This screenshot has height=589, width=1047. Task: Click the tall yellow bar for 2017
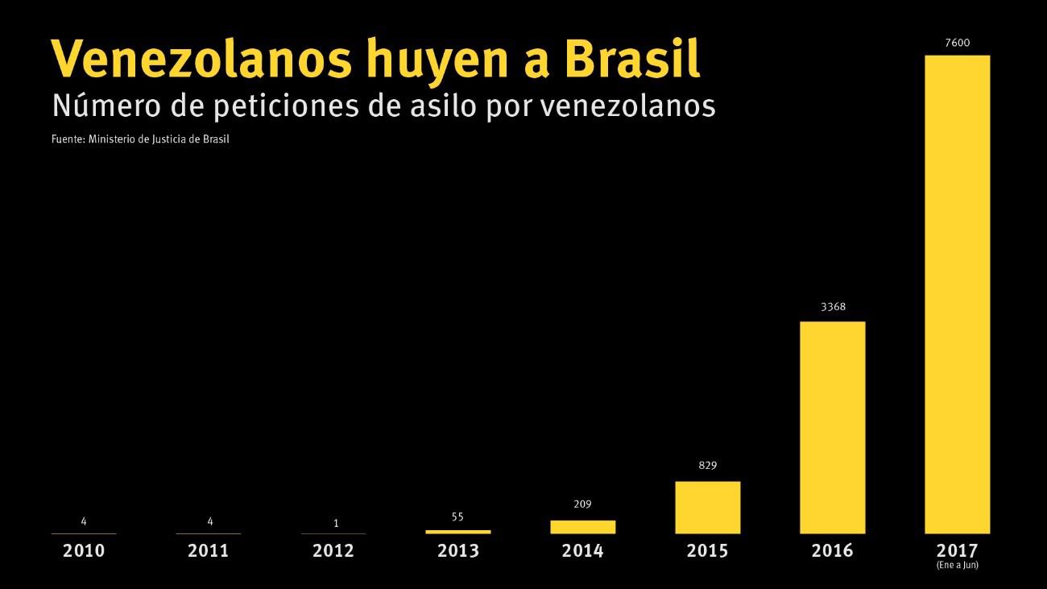pos(957,294)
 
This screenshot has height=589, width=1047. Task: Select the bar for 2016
pos(832,427)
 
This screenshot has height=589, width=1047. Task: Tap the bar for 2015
pos(707,507)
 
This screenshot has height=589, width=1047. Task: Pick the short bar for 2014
pos(582,526)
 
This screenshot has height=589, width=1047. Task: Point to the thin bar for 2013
pos(457,532)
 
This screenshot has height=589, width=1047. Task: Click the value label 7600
pos(957,43)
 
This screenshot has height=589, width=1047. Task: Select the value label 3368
pos(833,307)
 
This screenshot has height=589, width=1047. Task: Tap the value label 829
pos(707,466)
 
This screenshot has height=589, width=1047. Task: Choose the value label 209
pos(582,505)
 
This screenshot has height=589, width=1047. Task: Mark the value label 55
pos(457,517)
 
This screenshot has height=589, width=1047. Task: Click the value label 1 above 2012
pos(336,524)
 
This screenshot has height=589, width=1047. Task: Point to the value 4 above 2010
pos(84,521)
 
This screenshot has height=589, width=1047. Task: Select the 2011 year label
pos(208,551)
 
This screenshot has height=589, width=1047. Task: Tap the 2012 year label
pos(333,551)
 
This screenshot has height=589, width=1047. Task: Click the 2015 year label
pos(707,551)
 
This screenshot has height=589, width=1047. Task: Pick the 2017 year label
pos(957,551)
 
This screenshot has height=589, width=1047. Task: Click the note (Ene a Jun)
pos(957,566)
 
